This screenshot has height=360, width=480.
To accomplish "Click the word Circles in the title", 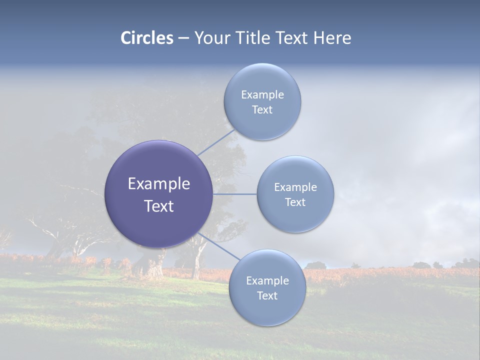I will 147,38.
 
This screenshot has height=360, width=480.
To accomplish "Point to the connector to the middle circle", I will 235,194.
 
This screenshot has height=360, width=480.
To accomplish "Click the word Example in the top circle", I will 262,94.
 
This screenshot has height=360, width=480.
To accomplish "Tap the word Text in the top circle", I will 262,109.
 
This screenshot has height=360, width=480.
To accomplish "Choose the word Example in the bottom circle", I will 267,280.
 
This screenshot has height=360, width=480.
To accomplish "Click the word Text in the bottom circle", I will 267,295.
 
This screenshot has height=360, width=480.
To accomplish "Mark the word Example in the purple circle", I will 159,183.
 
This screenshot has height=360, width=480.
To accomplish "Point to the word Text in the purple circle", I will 159,206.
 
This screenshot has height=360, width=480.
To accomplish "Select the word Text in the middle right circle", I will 295,202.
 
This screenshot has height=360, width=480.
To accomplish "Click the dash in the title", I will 183,38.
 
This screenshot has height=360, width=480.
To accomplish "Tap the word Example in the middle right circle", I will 295,187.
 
